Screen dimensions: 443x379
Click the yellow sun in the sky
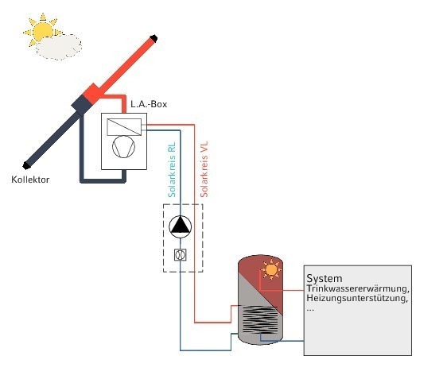pos(42,30)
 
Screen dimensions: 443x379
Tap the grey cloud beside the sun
pos(59,47)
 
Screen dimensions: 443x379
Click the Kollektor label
pos(30,180)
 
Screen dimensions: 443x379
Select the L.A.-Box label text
pos(149,104)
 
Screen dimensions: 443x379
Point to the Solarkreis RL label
pos(172,169)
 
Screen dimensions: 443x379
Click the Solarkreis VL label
pos(204,169)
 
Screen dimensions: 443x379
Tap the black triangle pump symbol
pos(180,226)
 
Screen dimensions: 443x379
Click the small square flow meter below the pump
pos(181,255)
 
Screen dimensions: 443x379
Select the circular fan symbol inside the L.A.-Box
pos(124,147)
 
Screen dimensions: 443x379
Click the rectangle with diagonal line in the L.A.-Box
pos(124,127)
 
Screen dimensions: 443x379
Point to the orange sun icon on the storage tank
pos(271,270)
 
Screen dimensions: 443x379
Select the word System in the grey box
pos(324,279)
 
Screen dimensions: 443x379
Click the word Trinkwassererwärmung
pos(358,289)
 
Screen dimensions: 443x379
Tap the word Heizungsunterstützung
pos(357,298)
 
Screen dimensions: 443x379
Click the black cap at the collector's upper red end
pos(153,38)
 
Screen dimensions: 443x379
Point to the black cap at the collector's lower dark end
pos(26,165)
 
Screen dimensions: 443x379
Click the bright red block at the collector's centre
pos(94,94)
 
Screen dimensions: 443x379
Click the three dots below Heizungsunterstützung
pos(310,310)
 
